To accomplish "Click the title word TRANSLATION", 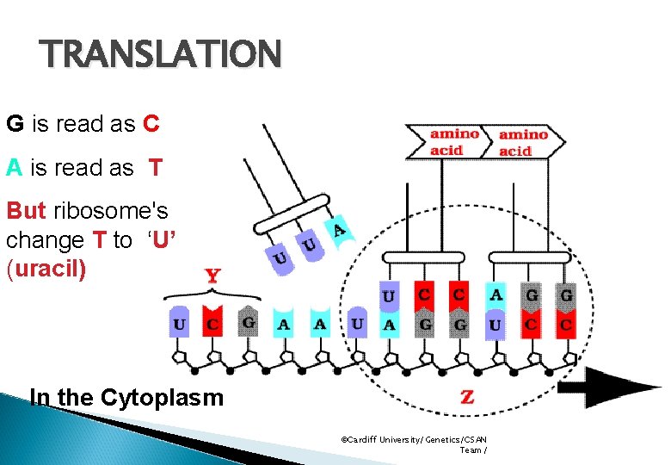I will coord(162,55).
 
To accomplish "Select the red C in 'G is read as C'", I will coord(151,124).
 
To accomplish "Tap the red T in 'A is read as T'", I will coord(155,168).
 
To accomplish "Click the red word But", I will coord(27,211).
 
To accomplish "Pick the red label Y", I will coord(212,276).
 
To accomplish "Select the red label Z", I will coord(467,397).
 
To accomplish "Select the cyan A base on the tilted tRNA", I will coord(339,230).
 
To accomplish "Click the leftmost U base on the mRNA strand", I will coord(179,325).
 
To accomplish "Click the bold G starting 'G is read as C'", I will coord(15,124).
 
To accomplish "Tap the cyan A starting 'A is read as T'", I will coord(14,168).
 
